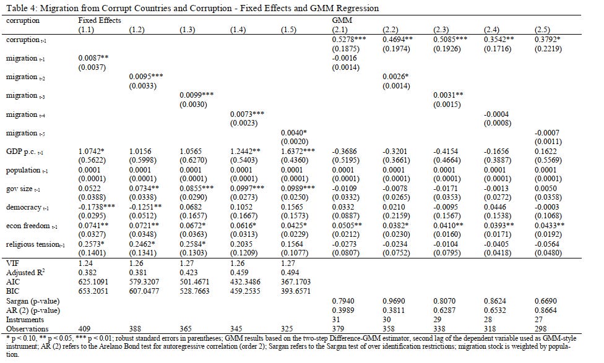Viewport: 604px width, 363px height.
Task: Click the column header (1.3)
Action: (188, 30)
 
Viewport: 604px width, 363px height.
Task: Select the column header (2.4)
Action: (492, 30)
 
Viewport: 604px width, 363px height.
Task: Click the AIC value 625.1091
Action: (95, 282)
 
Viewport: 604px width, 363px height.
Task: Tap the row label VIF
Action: (12, 263)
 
